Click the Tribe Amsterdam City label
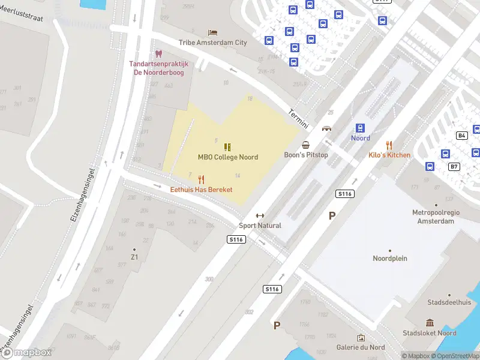(x=212, y=43)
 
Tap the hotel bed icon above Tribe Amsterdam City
(x=212, y=32)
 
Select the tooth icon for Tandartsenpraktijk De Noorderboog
(x=159, y=54)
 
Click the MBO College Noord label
(x=228, y=157)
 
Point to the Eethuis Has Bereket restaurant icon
(x=201, y=179)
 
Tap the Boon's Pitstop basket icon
(x=306, y=145)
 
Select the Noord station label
(x=361, y=138)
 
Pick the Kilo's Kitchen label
(x=389, y=155)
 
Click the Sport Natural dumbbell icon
(x=260, y=216)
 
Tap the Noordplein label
(x=390, y=259)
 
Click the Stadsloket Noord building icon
(x=430, y=323)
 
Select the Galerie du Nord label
(x=361, y=347)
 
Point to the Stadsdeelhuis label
(x=449, y=303)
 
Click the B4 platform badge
(x=462, y=136)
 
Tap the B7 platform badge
(x=454, y=166)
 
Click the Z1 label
(x=134, y=257)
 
